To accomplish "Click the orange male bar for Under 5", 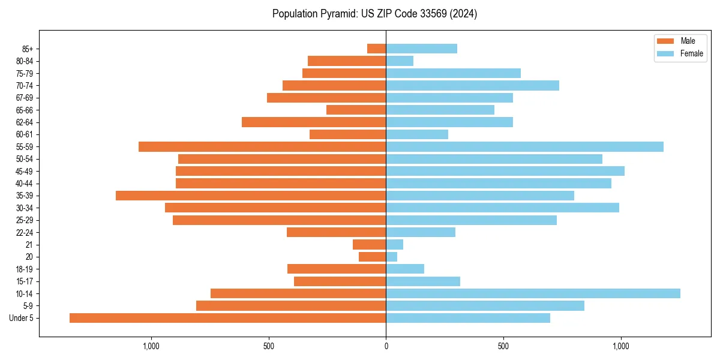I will pos(228,318).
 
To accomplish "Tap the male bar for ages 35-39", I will pos(251,196).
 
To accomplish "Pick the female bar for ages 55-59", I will pos(524,147).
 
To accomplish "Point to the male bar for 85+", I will pos(377,49).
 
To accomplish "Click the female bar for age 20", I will pos(392,257).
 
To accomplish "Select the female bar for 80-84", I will pos(400,61).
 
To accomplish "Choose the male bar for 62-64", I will pos(314,122).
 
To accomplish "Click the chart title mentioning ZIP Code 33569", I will pos(374,14).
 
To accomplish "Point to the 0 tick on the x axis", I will pos(386,346).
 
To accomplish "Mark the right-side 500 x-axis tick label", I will pos(503,346).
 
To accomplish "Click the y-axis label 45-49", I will pos(25,171).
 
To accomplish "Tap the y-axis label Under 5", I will pos(22,318).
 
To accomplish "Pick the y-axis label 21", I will pos(29,245).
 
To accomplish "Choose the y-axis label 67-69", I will pos(25,98).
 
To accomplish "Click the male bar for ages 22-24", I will pos(336,232).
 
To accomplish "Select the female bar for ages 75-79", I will pos(453,73).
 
